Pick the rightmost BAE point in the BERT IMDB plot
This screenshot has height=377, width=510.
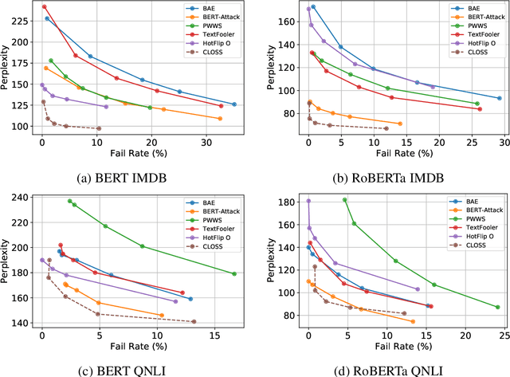coord(233,104)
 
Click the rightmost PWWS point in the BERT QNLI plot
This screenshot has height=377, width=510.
coord(234,273)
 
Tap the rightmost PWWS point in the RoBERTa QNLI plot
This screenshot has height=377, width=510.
coord(497,307)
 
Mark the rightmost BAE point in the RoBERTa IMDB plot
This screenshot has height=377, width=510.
coord(500,98)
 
